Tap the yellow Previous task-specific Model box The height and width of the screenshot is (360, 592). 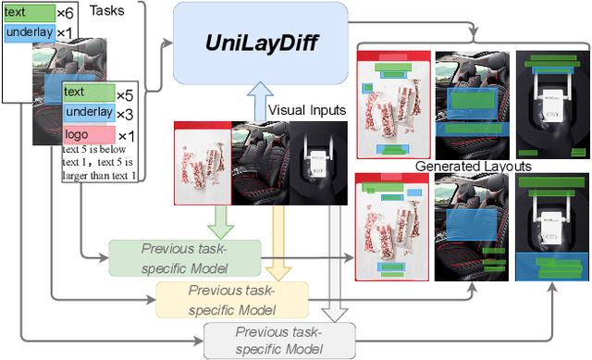(231, 298)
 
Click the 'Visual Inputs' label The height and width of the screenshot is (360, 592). (306, 109)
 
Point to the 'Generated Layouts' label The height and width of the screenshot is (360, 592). (473, 166)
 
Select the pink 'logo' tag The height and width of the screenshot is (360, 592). (88, 135)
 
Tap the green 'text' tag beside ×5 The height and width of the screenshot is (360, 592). (88, 93)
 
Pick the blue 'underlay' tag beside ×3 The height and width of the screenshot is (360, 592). (88, 113)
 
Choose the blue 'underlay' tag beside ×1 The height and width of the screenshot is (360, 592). (30, 33)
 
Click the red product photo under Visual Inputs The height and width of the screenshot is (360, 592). (203, 163)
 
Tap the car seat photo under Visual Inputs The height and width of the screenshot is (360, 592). (262, 163)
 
